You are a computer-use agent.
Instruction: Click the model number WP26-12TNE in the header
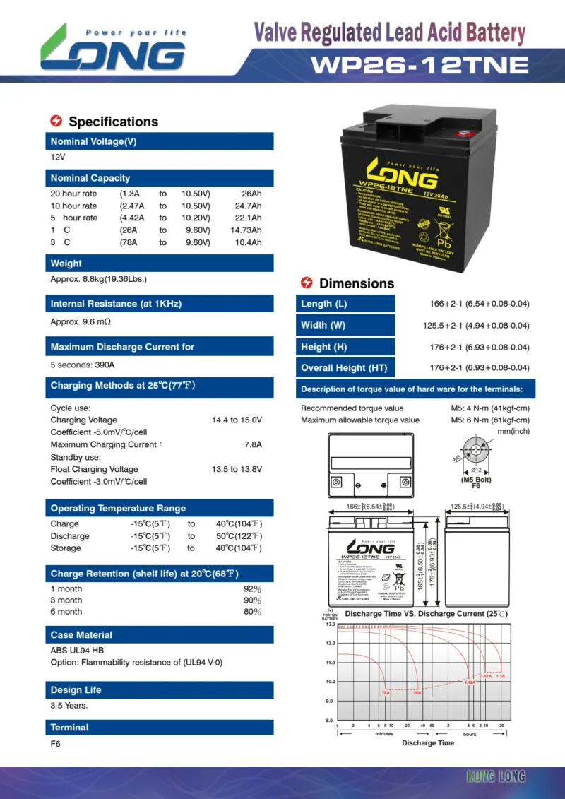420,65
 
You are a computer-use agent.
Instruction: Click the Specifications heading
113,122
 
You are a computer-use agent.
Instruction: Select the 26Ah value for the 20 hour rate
251,194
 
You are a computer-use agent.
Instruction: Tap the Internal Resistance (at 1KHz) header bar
160,304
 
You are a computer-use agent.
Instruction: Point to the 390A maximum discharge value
105,365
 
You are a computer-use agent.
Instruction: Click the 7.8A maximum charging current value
253,444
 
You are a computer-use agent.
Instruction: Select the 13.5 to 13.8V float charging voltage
237,469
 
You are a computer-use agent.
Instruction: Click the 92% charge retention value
252,588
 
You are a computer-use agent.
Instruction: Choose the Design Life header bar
160,689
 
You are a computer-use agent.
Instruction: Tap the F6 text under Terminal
56,744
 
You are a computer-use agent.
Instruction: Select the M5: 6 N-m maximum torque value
490,420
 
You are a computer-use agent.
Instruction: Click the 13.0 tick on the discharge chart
329,625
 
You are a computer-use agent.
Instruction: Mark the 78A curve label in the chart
385,692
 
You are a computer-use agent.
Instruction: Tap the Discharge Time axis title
428,742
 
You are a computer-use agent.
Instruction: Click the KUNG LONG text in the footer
496,777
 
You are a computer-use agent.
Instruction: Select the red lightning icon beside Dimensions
307,283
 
